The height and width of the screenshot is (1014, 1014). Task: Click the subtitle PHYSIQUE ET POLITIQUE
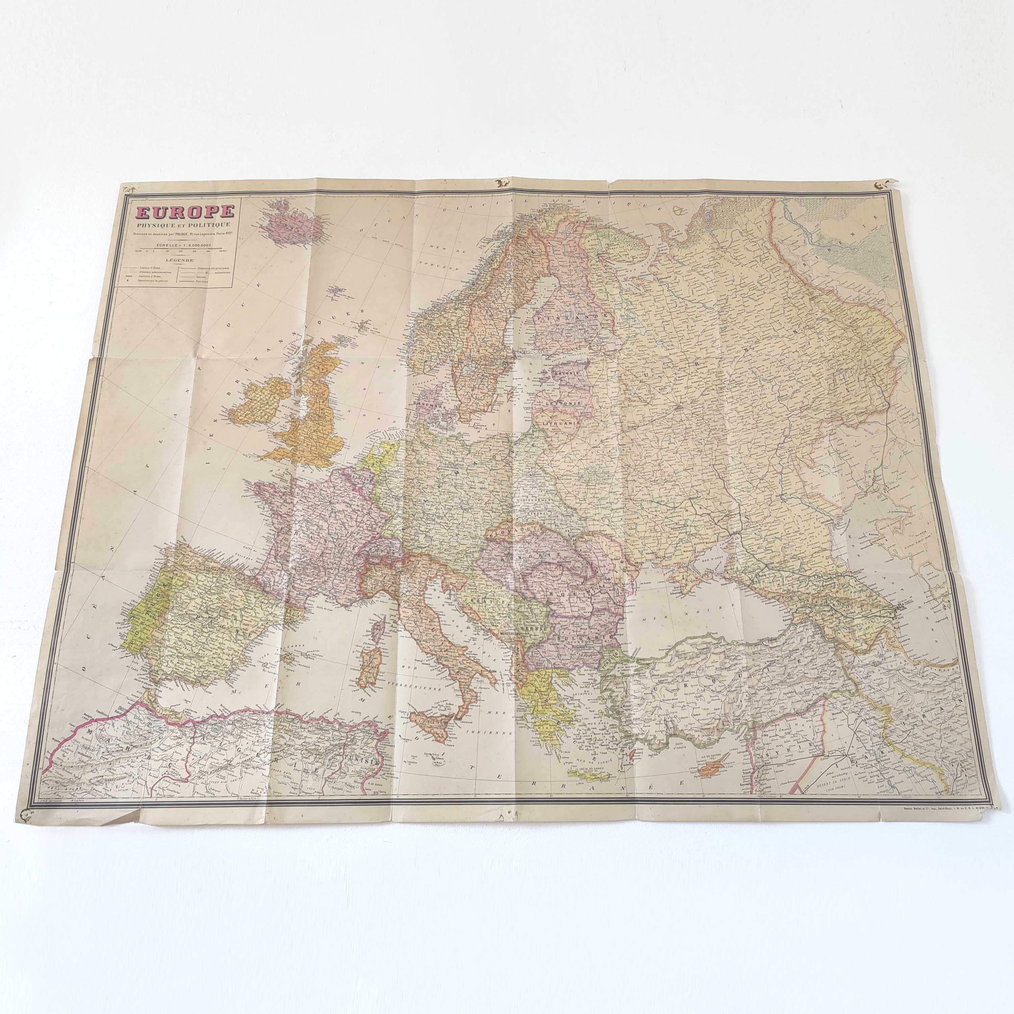183,225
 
